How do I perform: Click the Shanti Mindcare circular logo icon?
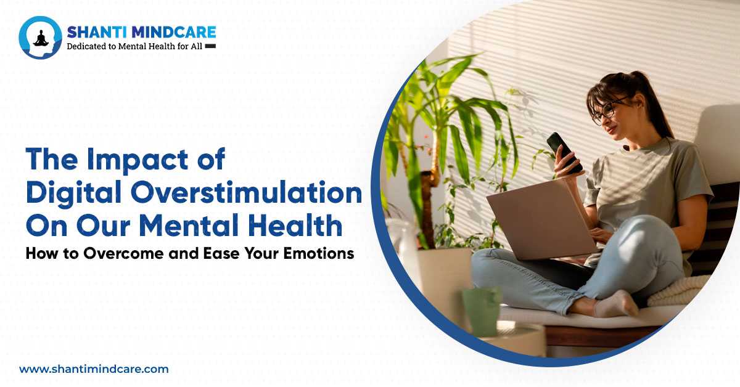point(41,38)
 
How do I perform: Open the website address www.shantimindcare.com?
point(94,369)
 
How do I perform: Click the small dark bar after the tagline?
point(210,46)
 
